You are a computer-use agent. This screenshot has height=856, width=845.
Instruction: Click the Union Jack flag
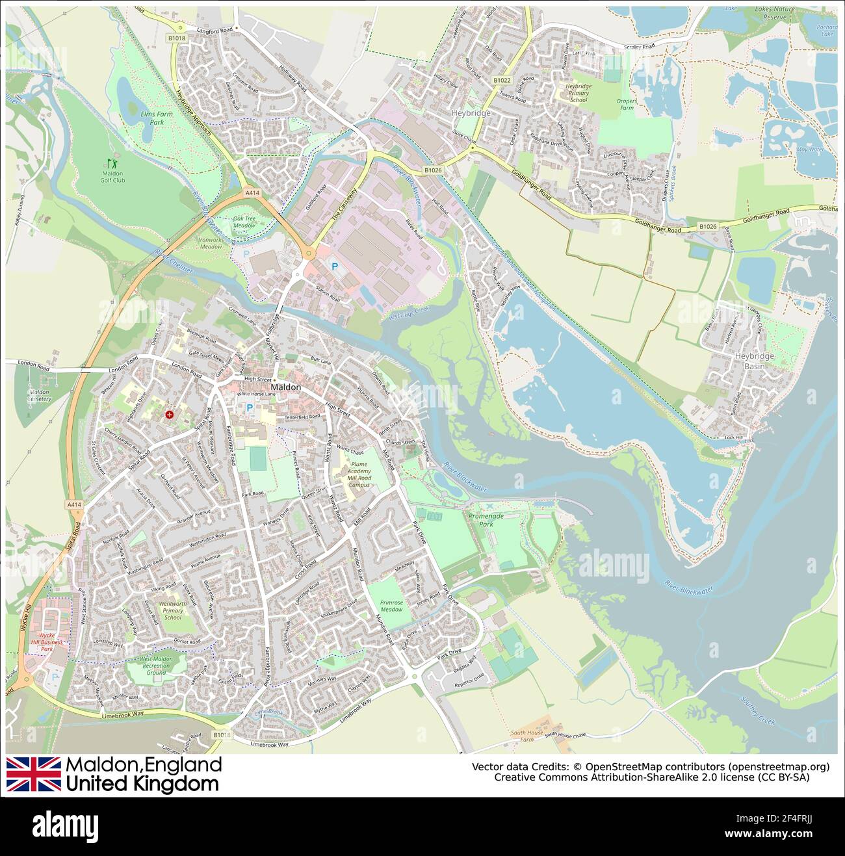(x=33, y=773)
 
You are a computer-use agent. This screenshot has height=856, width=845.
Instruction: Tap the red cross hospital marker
(x=170, y=414)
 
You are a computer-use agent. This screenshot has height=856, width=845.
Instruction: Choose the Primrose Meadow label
(x=391, y=606)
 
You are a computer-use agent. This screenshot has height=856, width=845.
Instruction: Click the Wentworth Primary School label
(x=173, y=610)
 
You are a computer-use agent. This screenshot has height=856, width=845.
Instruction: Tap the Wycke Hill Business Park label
(x=51, y=642)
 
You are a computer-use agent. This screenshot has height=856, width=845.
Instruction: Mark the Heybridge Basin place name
(x=754, y=361)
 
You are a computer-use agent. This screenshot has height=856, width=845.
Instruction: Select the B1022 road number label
(x=501, y=80)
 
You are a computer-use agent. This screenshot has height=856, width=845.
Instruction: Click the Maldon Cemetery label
(x=40, y=395)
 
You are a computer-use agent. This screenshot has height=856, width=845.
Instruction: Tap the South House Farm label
(x=526, y=736)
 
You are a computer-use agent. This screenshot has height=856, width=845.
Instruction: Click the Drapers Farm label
(x=626, y=104)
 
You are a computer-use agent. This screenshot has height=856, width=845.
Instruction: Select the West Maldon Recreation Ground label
(x=156, y=665)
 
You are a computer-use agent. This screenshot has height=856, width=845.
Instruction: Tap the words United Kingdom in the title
(x=142, y=784)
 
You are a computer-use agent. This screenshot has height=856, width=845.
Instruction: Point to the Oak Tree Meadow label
(x=244, y=222)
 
